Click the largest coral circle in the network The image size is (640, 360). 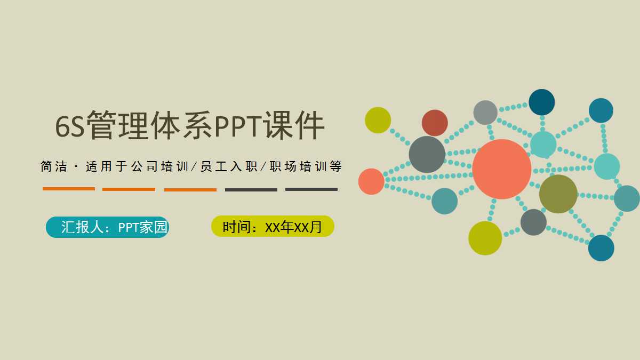(x=501, y=169)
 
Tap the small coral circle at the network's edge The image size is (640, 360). (x=371, y=181)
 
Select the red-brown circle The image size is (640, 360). (x=435, y=123)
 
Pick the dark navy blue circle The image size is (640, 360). (x=541, y=102)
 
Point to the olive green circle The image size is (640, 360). (x=558, y=194)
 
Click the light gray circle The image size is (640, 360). (x=485, y=113)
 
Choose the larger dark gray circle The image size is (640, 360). (x=427, y=155)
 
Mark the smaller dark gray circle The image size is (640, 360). (x=533, y=222)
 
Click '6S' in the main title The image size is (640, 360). (x=70, y=126)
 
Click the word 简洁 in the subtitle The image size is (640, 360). (x=54, y=167)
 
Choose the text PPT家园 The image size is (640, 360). (x=142, y=227)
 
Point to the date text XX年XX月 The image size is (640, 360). (x=293, y=227)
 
